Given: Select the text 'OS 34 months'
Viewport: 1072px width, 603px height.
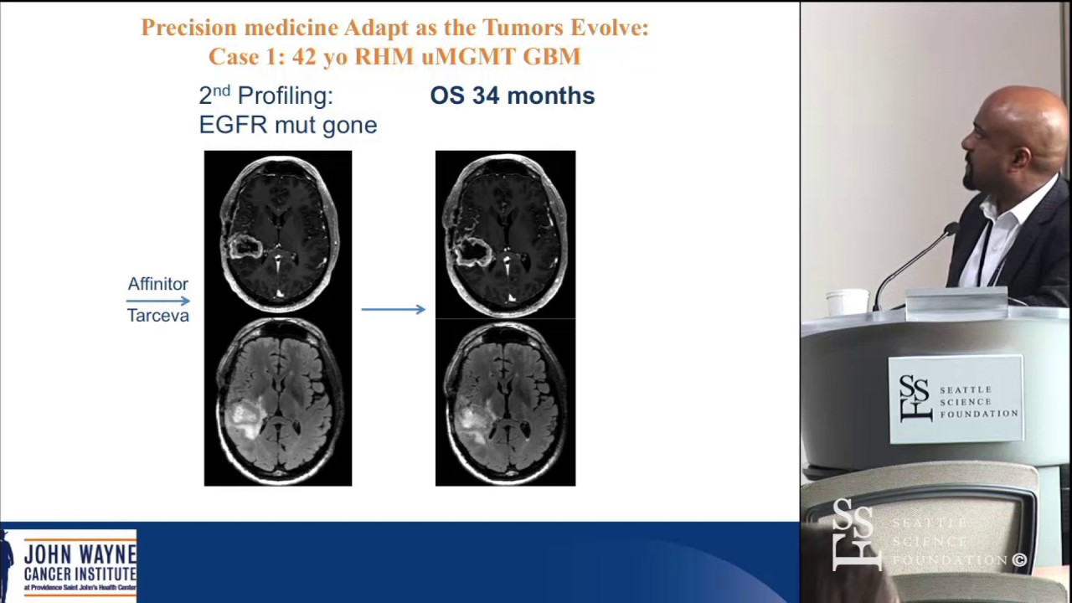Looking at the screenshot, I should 512,95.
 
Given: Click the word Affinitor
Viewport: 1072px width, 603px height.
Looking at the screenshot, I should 157,284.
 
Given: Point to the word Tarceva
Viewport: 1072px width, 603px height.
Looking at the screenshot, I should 157,316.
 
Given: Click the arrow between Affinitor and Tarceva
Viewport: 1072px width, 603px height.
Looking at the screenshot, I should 158,300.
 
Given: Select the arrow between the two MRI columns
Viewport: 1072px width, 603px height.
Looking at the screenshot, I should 393,309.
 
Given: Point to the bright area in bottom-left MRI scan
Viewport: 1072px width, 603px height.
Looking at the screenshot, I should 244,417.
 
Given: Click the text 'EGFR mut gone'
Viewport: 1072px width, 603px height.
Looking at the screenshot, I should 287,125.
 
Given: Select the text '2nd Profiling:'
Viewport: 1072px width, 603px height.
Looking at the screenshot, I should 265,95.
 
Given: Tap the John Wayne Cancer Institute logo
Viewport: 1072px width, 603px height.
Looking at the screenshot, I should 70,566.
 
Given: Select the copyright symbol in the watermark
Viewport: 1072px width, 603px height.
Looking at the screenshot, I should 1019,560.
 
